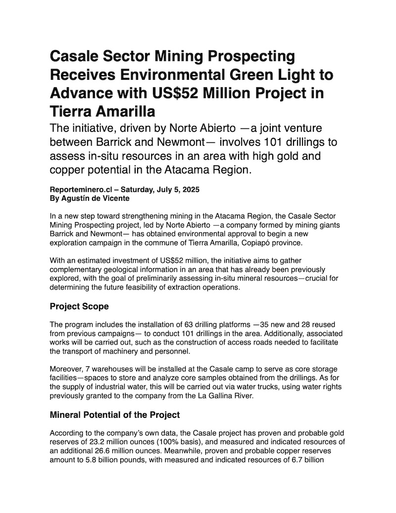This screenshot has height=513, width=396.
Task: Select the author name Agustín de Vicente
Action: tap(95, 198)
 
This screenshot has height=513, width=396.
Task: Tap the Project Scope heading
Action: tap(79, 306)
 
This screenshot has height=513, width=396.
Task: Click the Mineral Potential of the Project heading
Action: tap(115, 414)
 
